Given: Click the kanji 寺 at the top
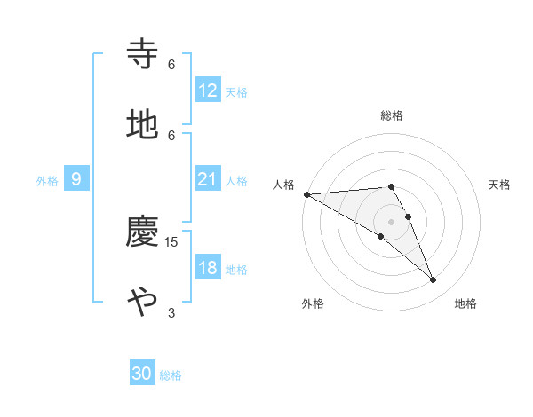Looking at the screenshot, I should coord(142,54).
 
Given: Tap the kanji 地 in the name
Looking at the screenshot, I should coord(142,125).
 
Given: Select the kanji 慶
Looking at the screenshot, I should coord(142,232).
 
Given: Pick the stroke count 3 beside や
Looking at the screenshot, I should coord(171,312).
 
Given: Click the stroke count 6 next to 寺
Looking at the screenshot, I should coord(171,64).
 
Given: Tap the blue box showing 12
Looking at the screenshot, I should coord(207,90).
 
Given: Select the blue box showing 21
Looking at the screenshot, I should coord(207,179).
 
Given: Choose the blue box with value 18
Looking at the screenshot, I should coord(207,268).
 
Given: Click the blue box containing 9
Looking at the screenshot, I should coord(76,179).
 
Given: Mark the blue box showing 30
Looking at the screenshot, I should coord(142,374).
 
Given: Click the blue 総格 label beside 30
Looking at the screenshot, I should coord(171,375).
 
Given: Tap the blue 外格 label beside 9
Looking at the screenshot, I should coord(47,180).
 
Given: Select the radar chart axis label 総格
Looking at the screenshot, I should coord(392,115).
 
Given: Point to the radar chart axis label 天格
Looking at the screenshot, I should coord(499,185).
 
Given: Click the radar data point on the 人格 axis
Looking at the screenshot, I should coord(306,194).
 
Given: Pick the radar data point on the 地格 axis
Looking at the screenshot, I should coord(433,280).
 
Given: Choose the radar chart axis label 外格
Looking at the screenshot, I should coord(313,303).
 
